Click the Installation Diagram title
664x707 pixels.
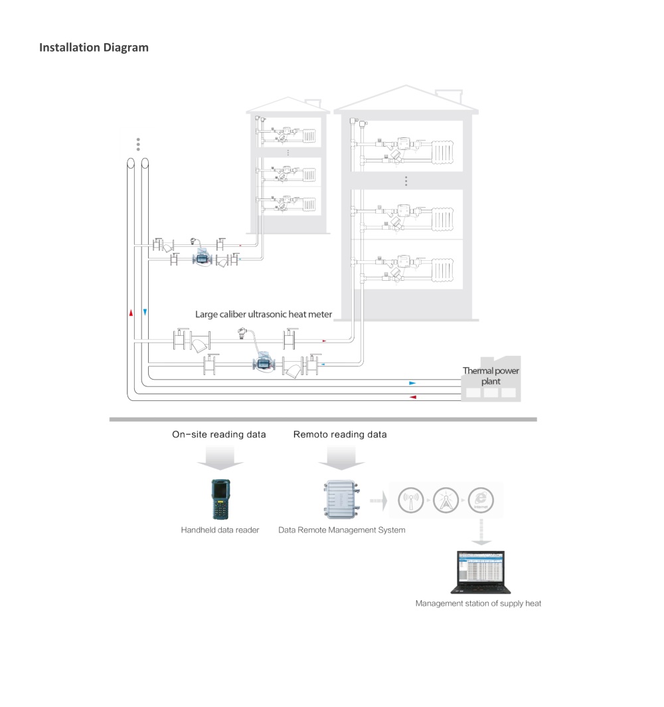pos(94,48)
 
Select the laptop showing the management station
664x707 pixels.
pos(477,572)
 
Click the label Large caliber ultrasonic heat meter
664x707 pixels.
pos(264,313)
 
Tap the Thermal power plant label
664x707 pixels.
pos(491,376)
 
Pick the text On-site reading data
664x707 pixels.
pos(219,435)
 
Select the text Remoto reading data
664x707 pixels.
pos(340,435)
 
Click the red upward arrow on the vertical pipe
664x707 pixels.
pos(131,311)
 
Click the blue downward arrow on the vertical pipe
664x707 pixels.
pos(145,311)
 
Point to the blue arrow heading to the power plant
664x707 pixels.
pos(412,383)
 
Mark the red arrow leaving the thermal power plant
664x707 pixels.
pos(412,397)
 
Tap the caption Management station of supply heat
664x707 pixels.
pos(478,603)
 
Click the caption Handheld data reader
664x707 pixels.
pos(220,530)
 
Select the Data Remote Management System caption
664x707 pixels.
pos(341,530)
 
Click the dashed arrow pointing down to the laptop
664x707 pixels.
pos(481,533)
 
